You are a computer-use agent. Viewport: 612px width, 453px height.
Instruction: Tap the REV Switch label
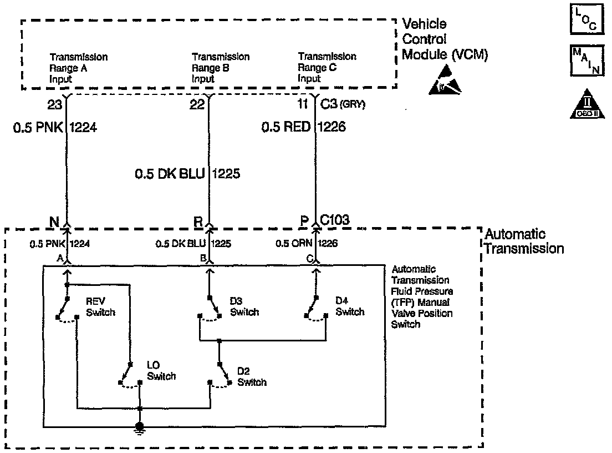(x=100, y=306)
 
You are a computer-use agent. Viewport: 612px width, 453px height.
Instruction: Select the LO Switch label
(x=161, y=371)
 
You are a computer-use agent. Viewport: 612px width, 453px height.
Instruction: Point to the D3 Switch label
(x=244, y=306)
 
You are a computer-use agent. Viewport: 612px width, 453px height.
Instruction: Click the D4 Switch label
(x=350, y=306)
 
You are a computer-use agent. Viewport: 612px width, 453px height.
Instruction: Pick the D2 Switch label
(x=251, y=376)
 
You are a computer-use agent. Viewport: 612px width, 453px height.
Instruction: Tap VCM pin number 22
(x=197, y=104)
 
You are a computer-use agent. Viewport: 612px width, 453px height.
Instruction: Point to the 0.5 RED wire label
(x=286, y=128)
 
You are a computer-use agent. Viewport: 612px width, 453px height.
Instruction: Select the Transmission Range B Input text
(x=220, y=68)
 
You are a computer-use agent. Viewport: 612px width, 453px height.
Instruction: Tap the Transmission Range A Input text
(x=78, y=68)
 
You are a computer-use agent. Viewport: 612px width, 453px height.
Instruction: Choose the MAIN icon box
(x=584, y=61)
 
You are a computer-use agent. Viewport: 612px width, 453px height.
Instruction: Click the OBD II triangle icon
(x=584, y=104)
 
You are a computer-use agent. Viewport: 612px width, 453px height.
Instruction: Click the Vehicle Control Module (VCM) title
(x=445, y=39)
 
